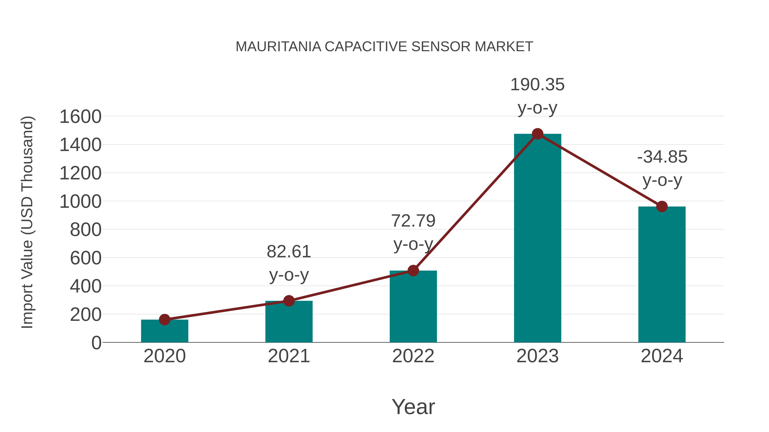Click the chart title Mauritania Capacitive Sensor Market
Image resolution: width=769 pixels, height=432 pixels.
(x=384, y=47)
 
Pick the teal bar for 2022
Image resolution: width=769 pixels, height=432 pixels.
(x=413, y=307)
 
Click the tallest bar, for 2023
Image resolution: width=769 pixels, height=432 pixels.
(x=537, y=239)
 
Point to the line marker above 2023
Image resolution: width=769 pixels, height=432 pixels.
(x=537, y=134)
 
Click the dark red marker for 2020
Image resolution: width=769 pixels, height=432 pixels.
(x=164, y=320)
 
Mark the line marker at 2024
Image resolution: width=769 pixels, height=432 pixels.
(x=662, y=206)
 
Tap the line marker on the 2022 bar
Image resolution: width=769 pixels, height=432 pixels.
(x=413, y=271)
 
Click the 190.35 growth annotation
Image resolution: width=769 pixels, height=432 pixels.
(x=537, y=85)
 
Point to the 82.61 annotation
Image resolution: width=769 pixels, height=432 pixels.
(x=289, y=252)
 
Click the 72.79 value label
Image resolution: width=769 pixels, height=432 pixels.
(x=413, y=221)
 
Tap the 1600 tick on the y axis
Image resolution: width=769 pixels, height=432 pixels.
(x=81, y=116)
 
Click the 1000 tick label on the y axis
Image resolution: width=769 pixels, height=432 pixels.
(x=81, y=202)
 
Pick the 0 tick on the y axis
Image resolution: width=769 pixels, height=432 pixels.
(x=96, y=343)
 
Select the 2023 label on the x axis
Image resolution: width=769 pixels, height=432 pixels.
(x=537, y=356)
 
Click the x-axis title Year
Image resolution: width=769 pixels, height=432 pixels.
(x=413, y=407)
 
